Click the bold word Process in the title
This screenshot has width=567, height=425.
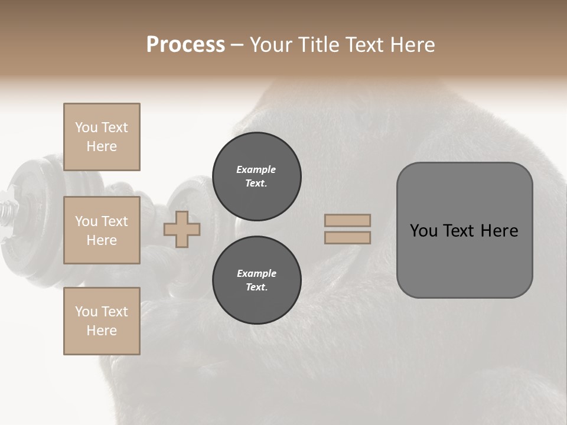point(185,45)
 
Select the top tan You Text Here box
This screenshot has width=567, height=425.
point(102,137)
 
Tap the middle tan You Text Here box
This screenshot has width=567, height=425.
point(102,230)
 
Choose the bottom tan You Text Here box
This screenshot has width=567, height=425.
point(102,321)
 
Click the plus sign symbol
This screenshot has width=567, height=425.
point(182,230)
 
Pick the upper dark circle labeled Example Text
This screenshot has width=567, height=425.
point(256,176)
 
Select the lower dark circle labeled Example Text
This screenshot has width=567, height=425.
point(256,280)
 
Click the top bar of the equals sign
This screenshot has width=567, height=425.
point(347,221)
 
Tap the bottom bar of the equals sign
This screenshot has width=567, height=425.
point(347,238)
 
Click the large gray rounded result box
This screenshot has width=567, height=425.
point(464,230)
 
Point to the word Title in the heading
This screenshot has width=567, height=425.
point(317,45)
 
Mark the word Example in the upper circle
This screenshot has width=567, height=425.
point(256,169)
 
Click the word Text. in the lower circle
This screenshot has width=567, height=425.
point(256,287)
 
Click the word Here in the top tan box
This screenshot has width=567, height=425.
point(102,146)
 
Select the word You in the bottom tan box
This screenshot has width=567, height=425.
point(86,312)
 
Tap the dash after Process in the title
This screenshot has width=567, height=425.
point(237,45)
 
